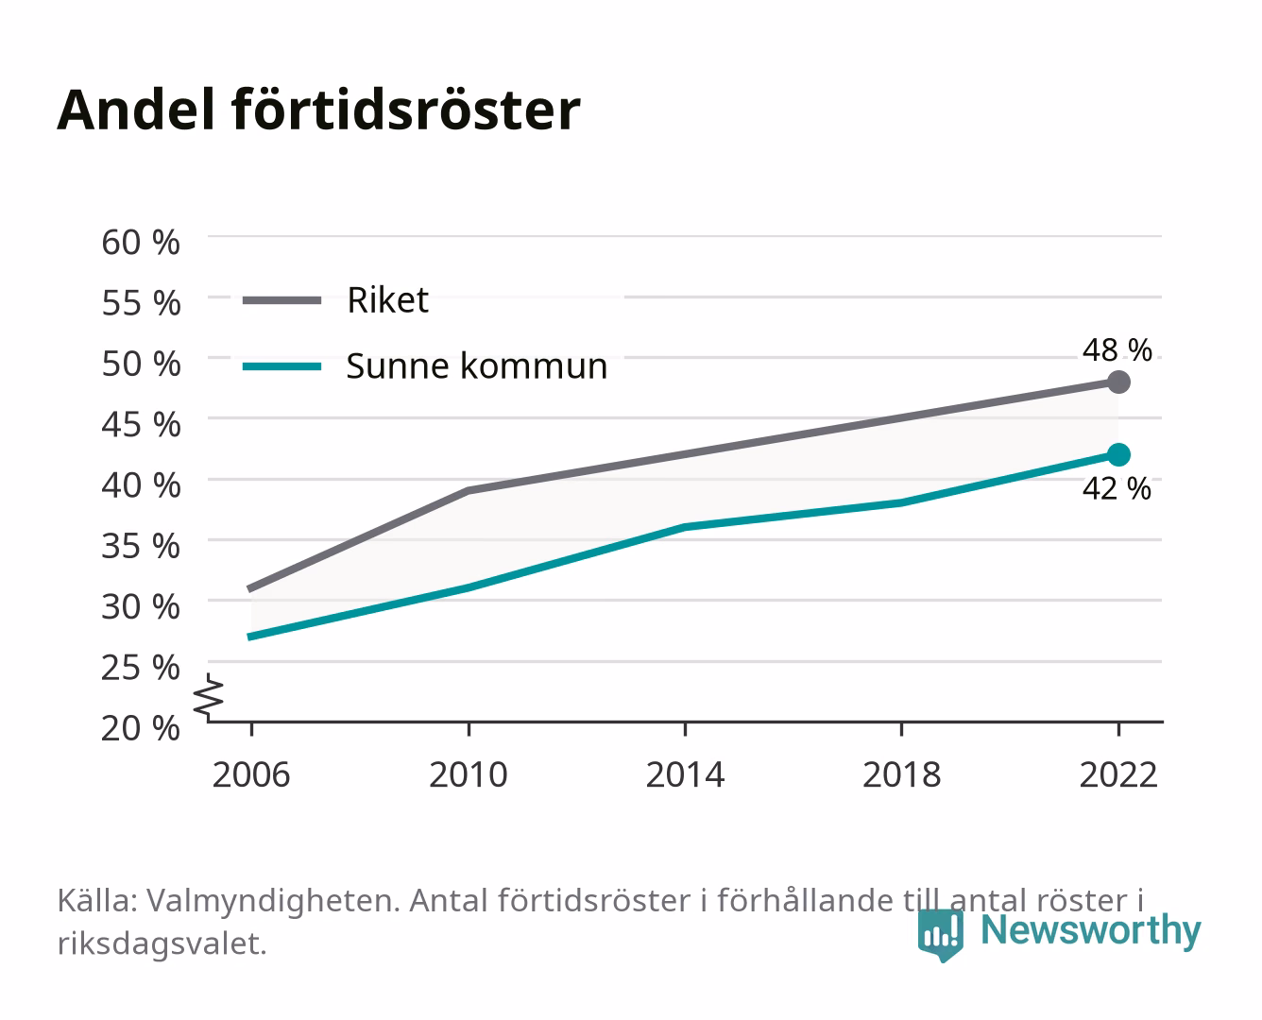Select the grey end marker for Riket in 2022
coord(1118,382)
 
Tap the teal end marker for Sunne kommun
coord(1118,455)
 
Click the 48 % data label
coord(1117,350)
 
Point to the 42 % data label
coord(1117,489)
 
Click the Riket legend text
coord(387,299)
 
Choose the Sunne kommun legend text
coord(477,365)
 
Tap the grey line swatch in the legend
coord(282,300)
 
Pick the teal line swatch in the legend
coord(282,366)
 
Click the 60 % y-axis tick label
coord(141,243)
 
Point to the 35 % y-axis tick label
coord(141,546)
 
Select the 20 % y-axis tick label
coord(141,728)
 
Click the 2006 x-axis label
coord(251,774)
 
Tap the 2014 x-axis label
coord(685,774)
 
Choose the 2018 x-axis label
coord(902,774)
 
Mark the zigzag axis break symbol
coord(209,697)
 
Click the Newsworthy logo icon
coord(940,935)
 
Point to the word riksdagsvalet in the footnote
coord(162,943)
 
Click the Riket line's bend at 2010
coord(469,490)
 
